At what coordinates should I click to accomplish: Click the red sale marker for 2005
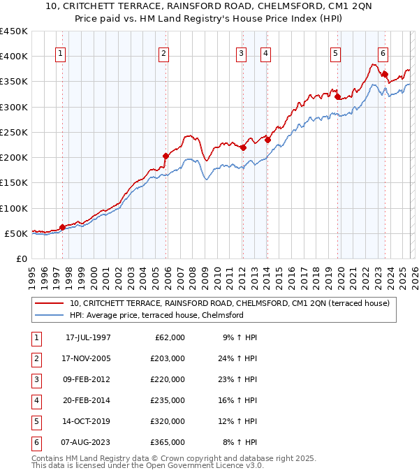tap(166, 156)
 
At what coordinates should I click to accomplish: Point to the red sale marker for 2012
tap(243, 147)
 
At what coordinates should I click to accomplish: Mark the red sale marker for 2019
tap(338, 97)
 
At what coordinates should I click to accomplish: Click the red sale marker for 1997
tap(62, 227)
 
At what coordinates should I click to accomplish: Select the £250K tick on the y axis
tap(13, 132)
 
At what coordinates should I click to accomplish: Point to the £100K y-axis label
tap(13, 208)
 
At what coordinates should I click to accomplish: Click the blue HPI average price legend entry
tap(156, 315)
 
